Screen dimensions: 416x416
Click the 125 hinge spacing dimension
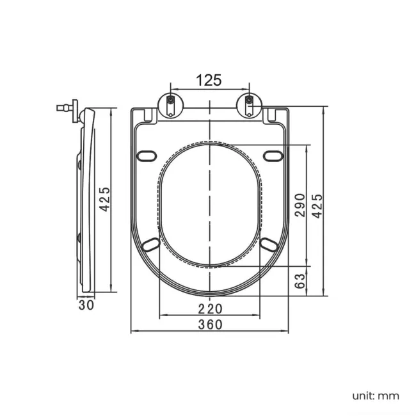tap(209, 80)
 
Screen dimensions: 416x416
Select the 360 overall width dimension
tap(209, 324)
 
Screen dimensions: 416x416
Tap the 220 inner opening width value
tap(209, 308)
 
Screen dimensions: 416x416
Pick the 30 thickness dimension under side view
tap(86, 305)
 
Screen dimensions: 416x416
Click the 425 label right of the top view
tap(317, 205)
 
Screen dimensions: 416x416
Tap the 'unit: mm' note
tap(374, 396)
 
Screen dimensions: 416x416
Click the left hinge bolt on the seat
tap(170, 104)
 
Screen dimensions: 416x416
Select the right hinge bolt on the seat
tap(249, 104)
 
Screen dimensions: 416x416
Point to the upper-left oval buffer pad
tap(147, 156)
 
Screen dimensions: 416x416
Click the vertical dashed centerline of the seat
tap(209, 205)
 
